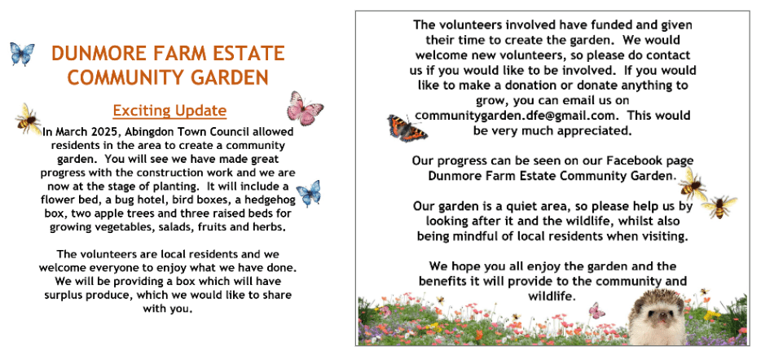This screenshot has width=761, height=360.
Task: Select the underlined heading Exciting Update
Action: point(169,110)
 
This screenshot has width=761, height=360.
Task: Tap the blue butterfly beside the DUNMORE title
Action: point(22,54)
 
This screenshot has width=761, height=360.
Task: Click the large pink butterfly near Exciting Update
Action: point(305,108)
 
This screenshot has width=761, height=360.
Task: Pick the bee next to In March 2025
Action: point(28,120)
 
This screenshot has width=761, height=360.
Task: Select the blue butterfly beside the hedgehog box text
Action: point(308,193)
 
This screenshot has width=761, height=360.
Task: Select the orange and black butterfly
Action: point(406,127)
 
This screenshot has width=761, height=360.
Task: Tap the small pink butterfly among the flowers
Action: point(597,310)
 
